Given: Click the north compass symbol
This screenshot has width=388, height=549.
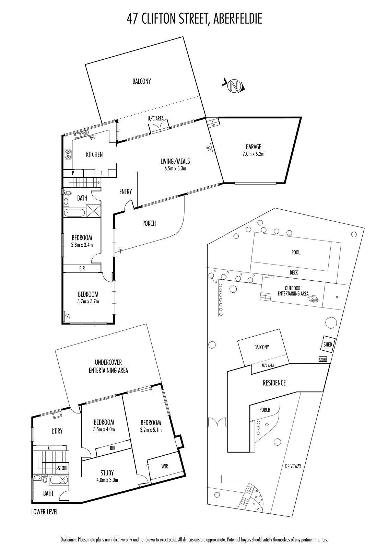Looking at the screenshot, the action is (x=234, y=86).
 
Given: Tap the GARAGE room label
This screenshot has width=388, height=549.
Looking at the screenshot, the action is (x=254, y=147).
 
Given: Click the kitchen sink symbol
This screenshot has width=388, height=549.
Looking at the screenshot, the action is (x=81, y=134).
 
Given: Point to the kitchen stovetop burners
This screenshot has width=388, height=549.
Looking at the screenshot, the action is (x=68, y=154).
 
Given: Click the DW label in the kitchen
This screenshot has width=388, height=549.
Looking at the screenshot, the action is (x=92, y=138).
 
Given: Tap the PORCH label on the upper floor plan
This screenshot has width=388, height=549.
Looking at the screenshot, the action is (x=149, y=223).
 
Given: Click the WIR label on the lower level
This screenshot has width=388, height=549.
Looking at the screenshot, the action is (x=165, y=466).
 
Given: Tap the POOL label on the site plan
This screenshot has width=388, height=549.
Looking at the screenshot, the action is (x=296, y=253).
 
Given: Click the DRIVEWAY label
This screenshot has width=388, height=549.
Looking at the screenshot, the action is (x=293, y=466).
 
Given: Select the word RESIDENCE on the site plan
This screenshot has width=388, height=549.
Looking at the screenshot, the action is (x=274, y=383).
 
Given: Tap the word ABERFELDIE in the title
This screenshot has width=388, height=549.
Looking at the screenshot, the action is (x=238, y=19).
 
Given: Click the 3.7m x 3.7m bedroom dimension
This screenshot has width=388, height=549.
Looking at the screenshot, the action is (x=88, y=302).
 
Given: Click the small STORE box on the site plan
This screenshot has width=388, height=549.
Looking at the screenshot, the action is (x=323, y=360).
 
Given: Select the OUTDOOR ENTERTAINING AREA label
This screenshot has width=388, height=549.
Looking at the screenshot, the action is (x=293, y=291).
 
